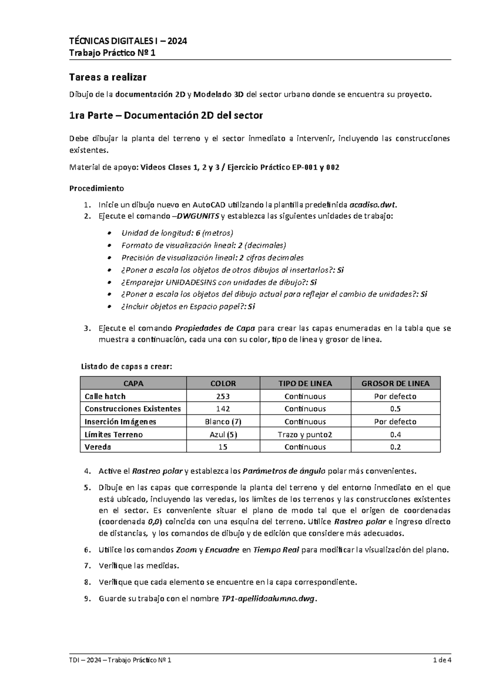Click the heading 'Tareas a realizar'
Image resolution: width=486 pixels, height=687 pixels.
click(x=108, y=77)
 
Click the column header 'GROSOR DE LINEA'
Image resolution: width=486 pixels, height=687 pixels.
click(x=395, y=383)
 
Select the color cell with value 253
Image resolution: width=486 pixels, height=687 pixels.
click(x=223, y=396)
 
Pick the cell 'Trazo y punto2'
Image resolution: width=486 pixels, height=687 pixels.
click(x=305, y=435)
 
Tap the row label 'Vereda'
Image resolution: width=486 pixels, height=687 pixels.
click(x=98, y=447)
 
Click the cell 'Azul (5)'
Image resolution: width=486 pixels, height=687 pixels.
click(x=223, y=435)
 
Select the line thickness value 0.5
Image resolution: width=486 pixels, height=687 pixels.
click(x=395, y=409)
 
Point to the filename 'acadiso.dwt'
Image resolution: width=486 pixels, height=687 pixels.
click(x=371, y=204)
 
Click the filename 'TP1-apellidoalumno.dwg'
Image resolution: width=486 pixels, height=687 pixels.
click(x=268, y=599)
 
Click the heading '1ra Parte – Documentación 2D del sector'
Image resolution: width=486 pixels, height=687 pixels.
click(x=166, y=116)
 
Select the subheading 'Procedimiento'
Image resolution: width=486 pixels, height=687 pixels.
click(x=97, y=188)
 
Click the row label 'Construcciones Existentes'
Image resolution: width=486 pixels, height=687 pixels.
click(x=132, y=409)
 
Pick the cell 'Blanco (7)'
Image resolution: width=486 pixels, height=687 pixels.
click(x=223, y=422)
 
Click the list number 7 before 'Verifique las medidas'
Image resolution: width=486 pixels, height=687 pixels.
click(x=86, y=565)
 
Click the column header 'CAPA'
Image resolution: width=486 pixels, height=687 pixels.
click(x=133, y=383)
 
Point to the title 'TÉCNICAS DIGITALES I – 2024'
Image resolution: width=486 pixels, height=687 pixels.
click(x=128, y=41)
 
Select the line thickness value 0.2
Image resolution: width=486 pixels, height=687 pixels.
click(x=395, y=447)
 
